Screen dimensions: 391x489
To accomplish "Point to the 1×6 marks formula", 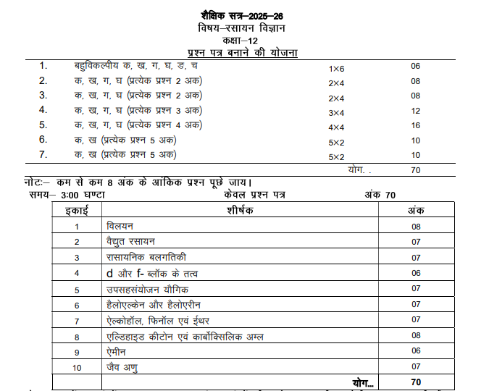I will [336, 68].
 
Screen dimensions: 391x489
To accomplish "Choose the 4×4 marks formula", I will [336, 127].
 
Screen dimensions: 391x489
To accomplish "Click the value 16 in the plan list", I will [415, 125].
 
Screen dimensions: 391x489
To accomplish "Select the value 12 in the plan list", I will [415, 111].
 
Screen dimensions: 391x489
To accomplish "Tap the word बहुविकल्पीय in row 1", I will [99, 66].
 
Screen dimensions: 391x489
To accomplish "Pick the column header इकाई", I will [76, 210].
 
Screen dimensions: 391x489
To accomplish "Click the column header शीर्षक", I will [240, 210].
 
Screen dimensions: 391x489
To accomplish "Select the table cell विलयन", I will [119, 226].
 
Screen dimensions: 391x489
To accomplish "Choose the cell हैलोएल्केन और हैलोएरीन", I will [149, 304].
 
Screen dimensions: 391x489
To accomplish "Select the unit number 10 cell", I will [76, 368].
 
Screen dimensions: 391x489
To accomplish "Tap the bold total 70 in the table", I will [415, 382].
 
